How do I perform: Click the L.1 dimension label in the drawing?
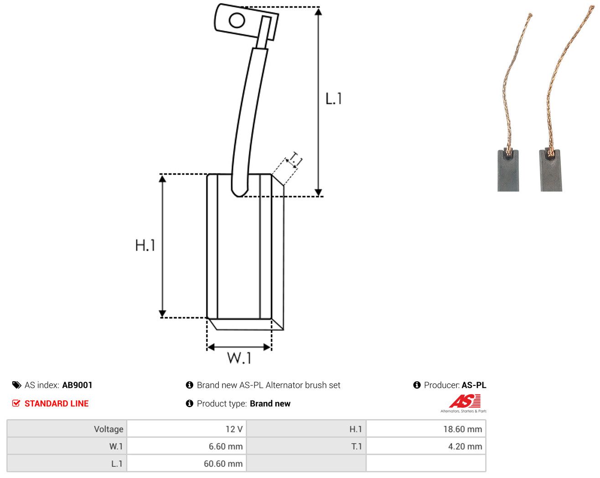[333, 99]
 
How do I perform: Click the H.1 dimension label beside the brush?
[145, 245]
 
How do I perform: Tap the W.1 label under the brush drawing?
[239, 358]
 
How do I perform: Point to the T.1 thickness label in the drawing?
[295, 160]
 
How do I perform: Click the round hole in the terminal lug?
[237, 21]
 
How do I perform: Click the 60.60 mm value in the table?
[223, 463]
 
